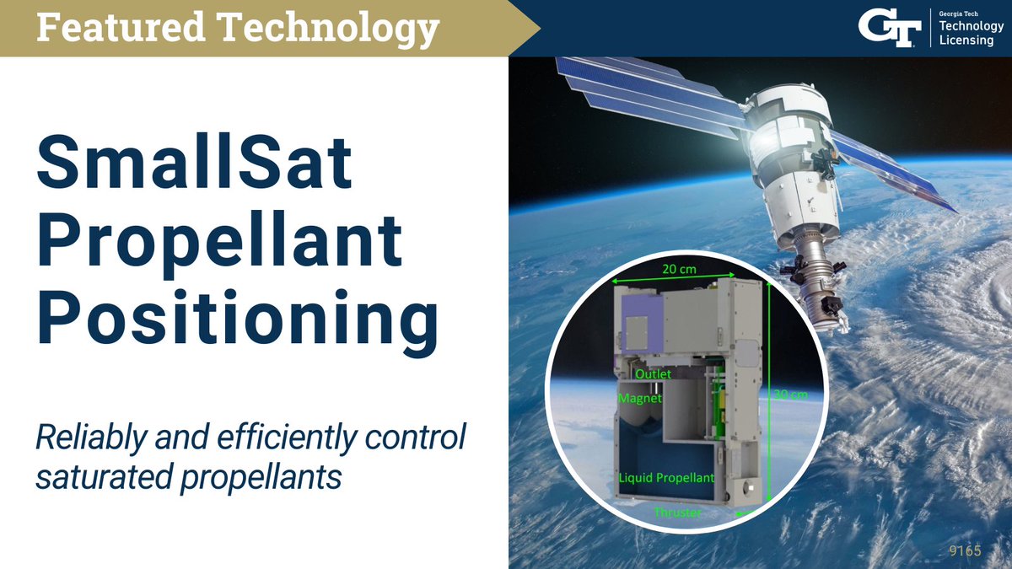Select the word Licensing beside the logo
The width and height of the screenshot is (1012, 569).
pyautogui.click(x=966, y=40)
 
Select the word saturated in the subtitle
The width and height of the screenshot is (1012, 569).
pyautogui.click(x=93, y=476)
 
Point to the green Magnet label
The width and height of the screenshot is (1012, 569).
pyautogui.click(x=640, y=397)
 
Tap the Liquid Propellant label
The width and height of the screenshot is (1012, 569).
pyautogui.click(x=667, y=478)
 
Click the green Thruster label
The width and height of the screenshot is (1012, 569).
pyautogui.click(x=678, y=512)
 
